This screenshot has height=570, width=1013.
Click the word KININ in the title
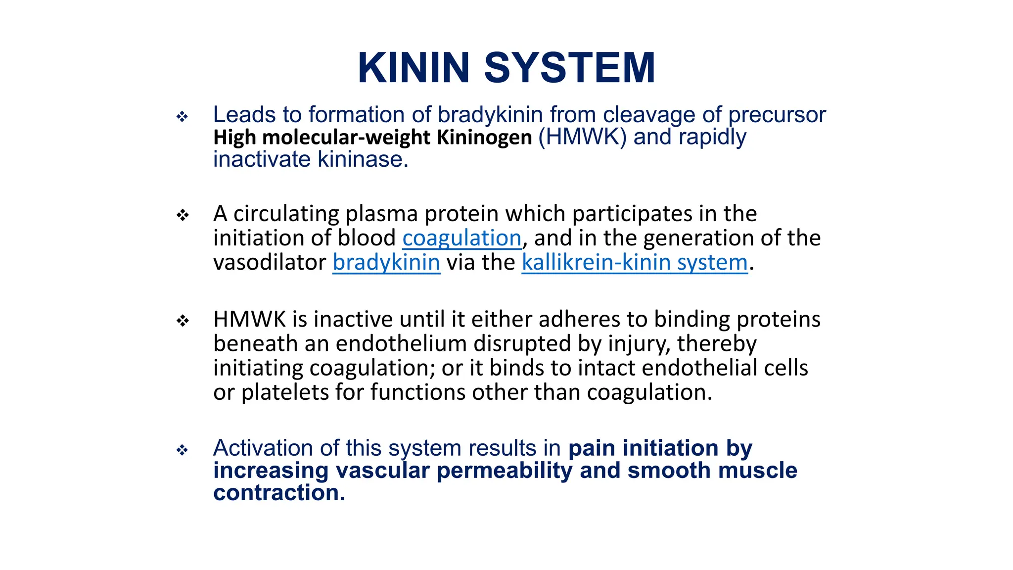coord(413,68)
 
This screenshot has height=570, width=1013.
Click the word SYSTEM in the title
coord(569,68)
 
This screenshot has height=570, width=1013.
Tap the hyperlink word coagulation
coord(461,238)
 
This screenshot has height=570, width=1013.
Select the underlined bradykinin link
coord(386,262)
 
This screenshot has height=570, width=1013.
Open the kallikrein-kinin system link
coord(635,262)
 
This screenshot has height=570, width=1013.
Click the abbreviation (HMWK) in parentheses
coord(582,137)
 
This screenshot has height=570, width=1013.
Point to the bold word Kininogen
coord(484,138)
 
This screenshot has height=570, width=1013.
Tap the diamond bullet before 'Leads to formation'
coord(183,117)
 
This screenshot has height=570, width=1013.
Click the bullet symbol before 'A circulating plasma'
coord(183,215)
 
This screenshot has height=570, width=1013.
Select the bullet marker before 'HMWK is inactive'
coord(183,321)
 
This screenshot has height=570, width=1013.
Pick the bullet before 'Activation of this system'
coord(183,450)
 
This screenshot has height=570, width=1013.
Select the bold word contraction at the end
coord(278,493)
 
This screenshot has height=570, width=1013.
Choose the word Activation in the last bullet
coord(263,448)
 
